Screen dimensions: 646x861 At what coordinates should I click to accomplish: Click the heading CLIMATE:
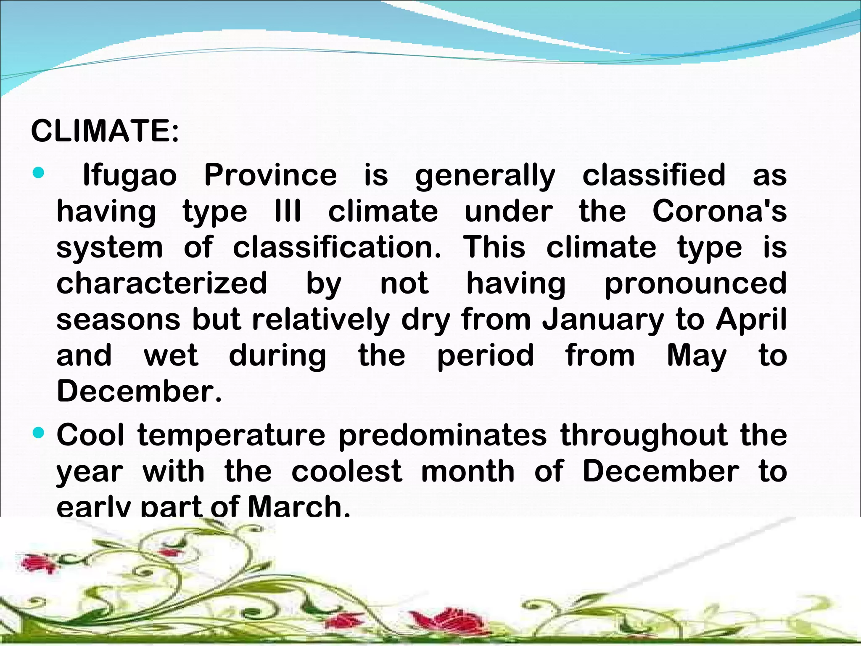pos(105,131)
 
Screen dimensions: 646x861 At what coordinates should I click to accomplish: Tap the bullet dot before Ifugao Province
pos(38,172)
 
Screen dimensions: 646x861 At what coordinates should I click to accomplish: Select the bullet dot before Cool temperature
pos(38,433)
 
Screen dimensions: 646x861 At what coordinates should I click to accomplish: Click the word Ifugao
pos(129,175)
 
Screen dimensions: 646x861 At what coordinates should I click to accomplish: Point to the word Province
pos(270,175)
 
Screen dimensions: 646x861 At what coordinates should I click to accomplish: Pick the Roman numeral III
pos(288,211)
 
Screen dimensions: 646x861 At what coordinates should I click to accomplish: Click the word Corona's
pos(719,211)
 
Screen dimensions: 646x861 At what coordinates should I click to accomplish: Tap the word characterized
pos(162,283)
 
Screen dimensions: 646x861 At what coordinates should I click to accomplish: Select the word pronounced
pos(695,283)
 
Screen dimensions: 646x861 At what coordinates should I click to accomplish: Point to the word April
pos(751,320)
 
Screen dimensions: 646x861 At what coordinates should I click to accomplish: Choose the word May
pos(697,356)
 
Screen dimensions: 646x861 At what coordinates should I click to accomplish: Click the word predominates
pos(443,435)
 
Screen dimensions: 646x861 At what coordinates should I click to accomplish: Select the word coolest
pos(347,471)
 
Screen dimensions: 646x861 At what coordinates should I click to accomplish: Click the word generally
pos(485,175)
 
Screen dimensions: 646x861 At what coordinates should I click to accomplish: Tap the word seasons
pos(118,320)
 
